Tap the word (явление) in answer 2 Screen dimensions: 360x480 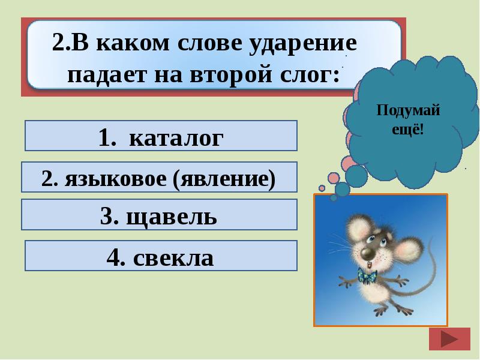(x=226, y=179)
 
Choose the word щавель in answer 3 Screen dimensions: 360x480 (x=171, y=216)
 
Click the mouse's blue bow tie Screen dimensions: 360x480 (x=367, y=276)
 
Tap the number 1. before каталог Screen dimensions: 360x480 (x=107, y=138)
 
